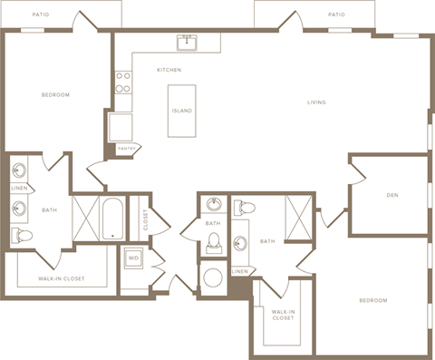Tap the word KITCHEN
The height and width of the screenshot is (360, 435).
pos(169,70)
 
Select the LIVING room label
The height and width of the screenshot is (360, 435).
pos(316,102)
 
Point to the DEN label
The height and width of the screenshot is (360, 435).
pos(393,195)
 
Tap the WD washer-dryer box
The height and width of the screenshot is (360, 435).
pos(134,258)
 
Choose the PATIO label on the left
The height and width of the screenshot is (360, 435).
pos(40,15)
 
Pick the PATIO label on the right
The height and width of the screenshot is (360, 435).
pos(336,15)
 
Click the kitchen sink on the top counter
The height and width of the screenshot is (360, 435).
pos(188,42)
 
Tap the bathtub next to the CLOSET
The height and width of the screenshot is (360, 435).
pos(112,219)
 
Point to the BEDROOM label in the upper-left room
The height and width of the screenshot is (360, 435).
pos(55,94)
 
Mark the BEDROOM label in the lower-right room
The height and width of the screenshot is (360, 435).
pos(372,300)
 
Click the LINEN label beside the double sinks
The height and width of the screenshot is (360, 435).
pos(20,189)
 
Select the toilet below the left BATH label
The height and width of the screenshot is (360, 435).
pos(22,236)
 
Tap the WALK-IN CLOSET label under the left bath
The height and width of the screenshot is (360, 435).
pos(62,278)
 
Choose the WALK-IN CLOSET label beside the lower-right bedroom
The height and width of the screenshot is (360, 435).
pos(282,315)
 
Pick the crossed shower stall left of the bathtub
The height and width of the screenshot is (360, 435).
pos(86,219)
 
